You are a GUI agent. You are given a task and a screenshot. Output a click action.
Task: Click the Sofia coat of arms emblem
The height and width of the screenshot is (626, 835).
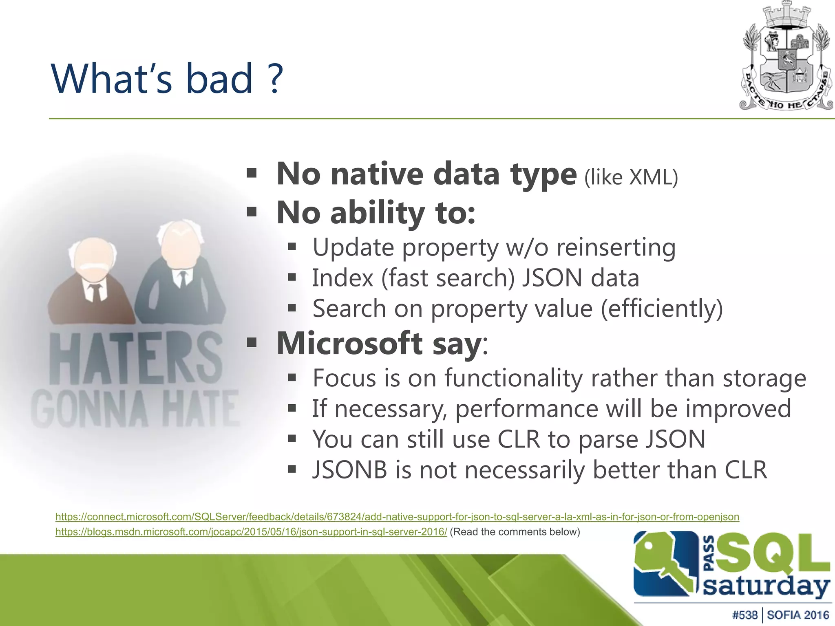click(x=786, y=57)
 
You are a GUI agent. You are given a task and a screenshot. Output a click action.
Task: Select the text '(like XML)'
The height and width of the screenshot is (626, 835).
click(x=631, y=177)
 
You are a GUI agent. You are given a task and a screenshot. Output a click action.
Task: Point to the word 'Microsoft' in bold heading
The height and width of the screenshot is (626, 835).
click(x=349, y=343)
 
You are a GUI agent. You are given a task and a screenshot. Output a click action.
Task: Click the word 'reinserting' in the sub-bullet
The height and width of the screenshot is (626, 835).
click(x=616, y=247)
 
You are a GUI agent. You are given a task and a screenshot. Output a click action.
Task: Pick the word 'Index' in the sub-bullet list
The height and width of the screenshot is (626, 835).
click(x=342, y=278)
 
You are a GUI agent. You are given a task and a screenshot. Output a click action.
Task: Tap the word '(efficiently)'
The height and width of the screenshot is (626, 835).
click(x=662, y=309)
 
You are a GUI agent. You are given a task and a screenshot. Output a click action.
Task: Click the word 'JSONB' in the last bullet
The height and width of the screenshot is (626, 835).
click(x=349, y=469)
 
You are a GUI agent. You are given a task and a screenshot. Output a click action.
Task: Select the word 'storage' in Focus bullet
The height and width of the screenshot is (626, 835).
click(x=764, y=378)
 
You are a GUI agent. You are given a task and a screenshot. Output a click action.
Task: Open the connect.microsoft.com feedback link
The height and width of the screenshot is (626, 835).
click(x=397, y=517)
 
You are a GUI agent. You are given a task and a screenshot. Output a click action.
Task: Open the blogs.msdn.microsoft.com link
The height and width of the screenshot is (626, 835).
click(x=251, y=532)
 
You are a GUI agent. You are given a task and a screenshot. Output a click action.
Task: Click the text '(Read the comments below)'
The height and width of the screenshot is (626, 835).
click(x=515, y=532)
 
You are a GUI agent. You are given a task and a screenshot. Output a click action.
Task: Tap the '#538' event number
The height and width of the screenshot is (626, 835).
click(x=744, y=615)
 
